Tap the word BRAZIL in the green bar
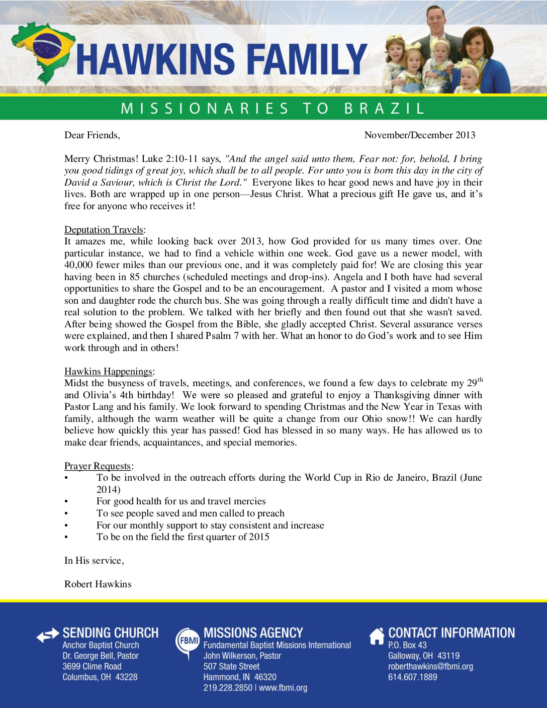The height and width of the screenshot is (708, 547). coord(385,108)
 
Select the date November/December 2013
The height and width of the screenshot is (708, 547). coord(420,135)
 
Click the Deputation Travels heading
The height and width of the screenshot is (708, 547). coord(104,230)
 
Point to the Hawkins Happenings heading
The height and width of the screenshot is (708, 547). coord(109,372)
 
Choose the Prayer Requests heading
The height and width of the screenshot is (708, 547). coord(98,466)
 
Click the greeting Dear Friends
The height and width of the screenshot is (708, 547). coord(92,135)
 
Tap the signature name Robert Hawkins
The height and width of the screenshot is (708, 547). coord(98,584)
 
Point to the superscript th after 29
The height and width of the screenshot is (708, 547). coord(480,380)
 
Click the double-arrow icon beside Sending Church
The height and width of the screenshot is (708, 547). coord(48,636)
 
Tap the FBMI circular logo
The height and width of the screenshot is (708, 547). coord(187,641)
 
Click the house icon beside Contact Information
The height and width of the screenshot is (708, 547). coord(377,636)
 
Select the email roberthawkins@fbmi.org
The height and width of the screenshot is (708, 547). coord(430,666)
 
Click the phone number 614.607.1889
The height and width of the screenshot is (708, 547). coord(412,677)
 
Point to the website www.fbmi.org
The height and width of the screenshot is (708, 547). coord(283,687)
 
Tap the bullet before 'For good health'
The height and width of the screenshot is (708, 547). coord(66,501)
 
